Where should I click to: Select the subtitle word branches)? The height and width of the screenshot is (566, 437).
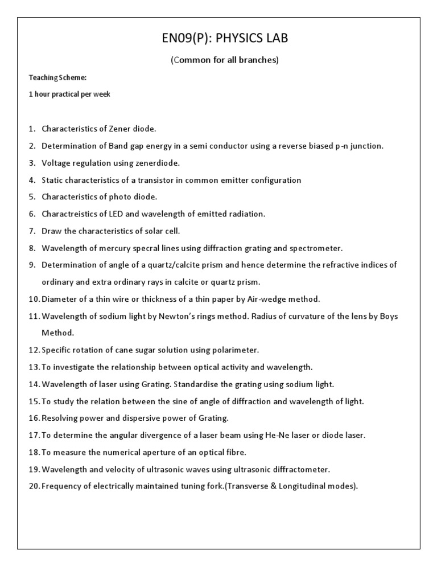coord(261,60)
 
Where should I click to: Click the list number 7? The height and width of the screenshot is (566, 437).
coord(32,231)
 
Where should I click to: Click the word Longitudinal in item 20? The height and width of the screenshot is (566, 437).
coord(312,487)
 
